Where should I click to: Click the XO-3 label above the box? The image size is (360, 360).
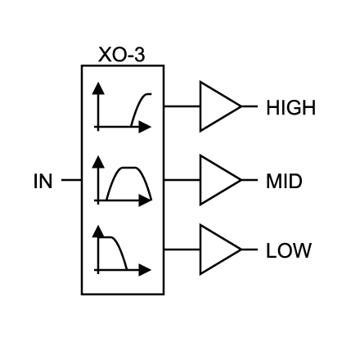click(121, 55)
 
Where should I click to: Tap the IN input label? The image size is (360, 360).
click(43, 181)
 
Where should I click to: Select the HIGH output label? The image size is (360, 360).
click(290, 107)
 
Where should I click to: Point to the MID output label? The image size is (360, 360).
click(284, 181)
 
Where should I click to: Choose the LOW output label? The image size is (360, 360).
click(289, 250)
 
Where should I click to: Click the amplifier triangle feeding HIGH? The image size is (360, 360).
click(201, 106)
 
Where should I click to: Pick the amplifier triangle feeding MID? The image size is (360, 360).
click(201, 180)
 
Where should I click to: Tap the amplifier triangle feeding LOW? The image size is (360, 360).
click(201, 250)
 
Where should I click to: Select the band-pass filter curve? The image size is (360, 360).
click(128, 168)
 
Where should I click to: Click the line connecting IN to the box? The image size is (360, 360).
click(71, 180)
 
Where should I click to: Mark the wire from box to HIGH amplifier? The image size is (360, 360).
click(182, 106)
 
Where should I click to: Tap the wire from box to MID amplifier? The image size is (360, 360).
click(182, 180)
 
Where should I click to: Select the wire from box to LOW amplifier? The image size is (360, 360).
click(182, 250)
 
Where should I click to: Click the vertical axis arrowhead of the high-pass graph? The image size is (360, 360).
click(98, 88)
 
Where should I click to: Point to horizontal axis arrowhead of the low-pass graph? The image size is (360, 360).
click(145, 270)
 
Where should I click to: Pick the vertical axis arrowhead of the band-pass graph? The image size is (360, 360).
click(98, 162)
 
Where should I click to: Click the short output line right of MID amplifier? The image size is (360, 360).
click(250, 180)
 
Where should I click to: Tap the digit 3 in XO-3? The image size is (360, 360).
click(140, 55)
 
